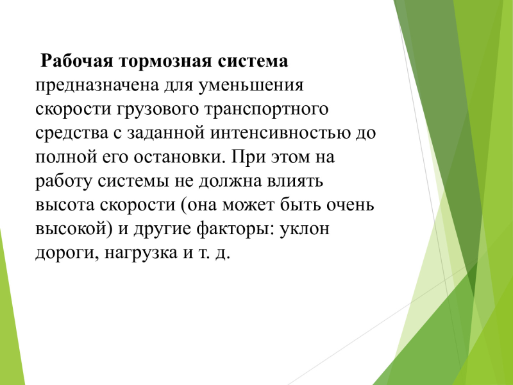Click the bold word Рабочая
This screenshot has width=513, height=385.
click(76, 61)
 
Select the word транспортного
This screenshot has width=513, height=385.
click(266, 109)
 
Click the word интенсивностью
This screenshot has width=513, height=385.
click(280, 133)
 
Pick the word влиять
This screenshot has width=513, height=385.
click(295, 181)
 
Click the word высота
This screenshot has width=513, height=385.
click(65, 205)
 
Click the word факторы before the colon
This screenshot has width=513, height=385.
click(234, 229)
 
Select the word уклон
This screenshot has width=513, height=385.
click(304, 229)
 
